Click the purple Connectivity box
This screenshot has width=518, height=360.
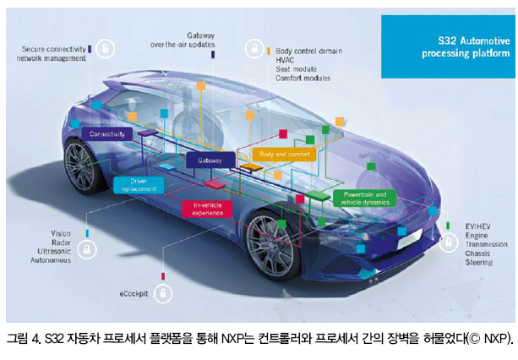107,134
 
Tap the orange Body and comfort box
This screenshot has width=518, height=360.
283,155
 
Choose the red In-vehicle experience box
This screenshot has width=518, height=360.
207,208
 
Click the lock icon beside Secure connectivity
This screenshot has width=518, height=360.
106,50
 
